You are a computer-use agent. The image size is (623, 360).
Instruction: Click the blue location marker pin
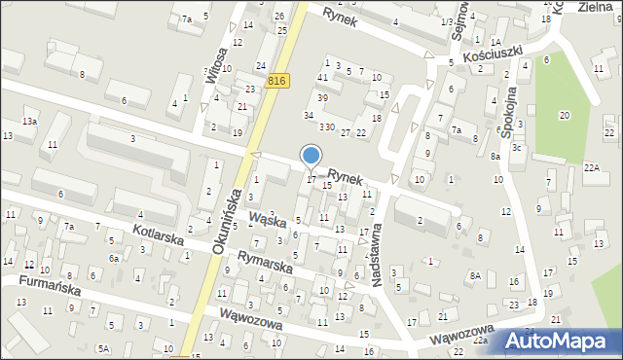click(x=311, y=157)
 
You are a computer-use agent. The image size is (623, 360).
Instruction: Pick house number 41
click(x=322, y=77)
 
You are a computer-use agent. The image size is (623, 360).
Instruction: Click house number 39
click(x=322, y=97)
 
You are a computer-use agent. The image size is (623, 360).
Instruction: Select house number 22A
click(x=591, y=167)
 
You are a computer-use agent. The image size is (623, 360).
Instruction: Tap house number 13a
click(x=30, y=120)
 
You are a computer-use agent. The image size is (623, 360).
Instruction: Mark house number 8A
click(x=474, y=276)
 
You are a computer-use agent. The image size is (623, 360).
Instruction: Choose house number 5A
click(x=102, y=348)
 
